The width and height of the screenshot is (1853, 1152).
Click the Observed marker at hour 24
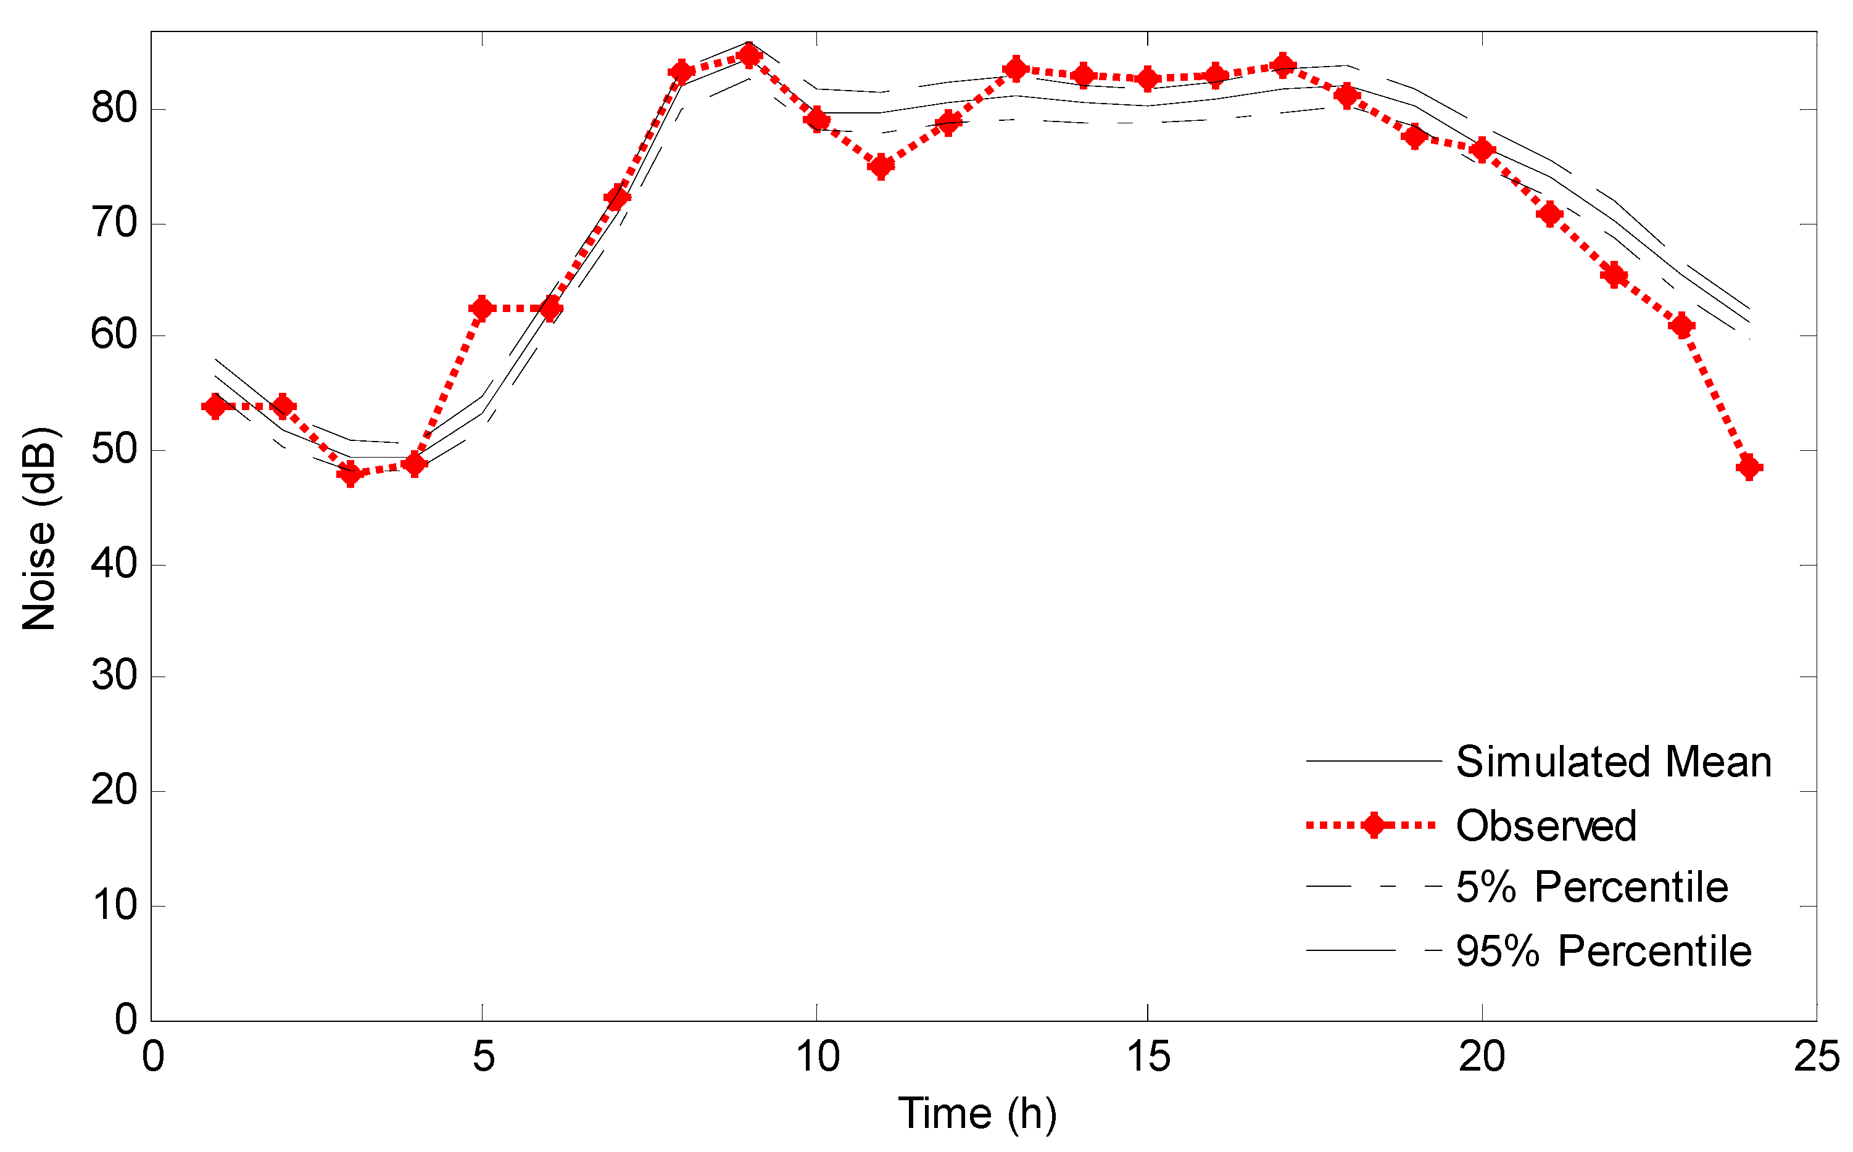pyautogui.click(x=1749, y=467)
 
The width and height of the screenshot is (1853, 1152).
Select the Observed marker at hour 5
pyautogui.click(x=482, y=308)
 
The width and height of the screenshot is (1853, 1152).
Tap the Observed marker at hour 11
pyautogui.click(x=881, y=166)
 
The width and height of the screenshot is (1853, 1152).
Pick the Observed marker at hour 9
pyautogui.click(x=749, y=56)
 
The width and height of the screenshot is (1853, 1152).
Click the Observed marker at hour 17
pyautogui.click(x=1283, y=65)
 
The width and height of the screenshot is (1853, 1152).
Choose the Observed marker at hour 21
pyautogui.click(x=1549, y=214)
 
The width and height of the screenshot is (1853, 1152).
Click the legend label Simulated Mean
pyautogui.click(x=1614, y=762)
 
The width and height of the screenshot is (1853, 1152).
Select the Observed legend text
pyautogui.click(x=1546, y=826)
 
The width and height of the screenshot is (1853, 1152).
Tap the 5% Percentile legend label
pyautogui.click(x=1591, y=887)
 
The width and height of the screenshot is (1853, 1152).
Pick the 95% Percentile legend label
pyautogui.click(x=1604, y=951)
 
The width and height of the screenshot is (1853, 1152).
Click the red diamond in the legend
pyautogui.click(x=1374, y=825)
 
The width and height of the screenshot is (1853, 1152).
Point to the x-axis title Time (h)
pyautogui.click(x=977, y=1113)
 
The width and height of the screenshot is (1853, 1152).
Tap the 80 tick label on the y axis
pyautogui.click(x=114, y=109)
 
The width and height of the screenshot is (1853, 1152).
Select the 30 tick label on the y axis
pyautogui.click(x=114, y=676)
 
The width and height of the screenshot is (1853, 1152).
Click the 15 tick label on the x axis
pyautogui.click(x=1148, y=1057)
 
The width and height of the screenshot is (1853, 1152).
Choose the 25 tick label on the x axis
pyautogui.click(x=1817, y=1057)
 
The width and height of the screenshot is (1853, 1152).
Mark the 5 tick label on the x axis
pyautogui.click(x=483, y=1057)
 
